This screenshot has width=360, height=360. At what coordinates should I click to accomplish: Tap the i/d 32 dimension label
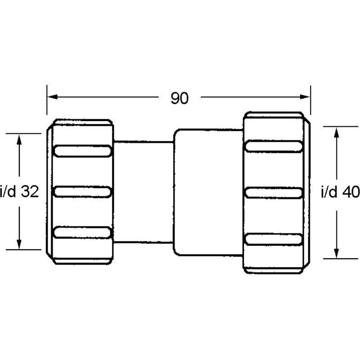click(19, 192)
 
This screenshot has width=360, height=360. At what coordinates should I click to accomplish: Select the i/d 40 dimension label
click(340, 192)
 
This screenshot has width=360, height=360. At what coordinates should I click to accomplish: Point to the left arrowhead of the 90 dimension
click(51, 97)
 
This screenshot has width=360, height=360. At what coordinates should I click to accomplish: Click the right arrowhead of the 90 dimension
click(307, 97)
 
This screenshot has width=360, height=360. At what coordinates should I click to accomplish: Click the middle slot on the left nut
click(82, 192)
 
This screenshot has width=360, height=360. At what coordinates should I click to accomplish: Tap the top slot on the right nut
click(274, 146)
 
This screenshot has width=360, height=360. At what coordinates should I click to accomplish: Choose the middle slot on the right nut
click(274, 192)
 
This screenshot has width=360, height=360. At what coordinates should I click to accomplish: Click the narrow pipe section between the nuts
click(143, 192)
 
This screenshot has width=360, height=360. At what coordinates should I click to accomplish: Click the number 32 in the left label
click(31, 192)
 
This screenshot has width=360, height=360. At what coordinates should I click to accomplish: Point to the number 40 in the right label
click(351, 192)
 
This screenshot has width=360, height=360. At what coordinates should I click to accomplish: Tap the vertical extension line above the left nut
click(47, 103)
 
